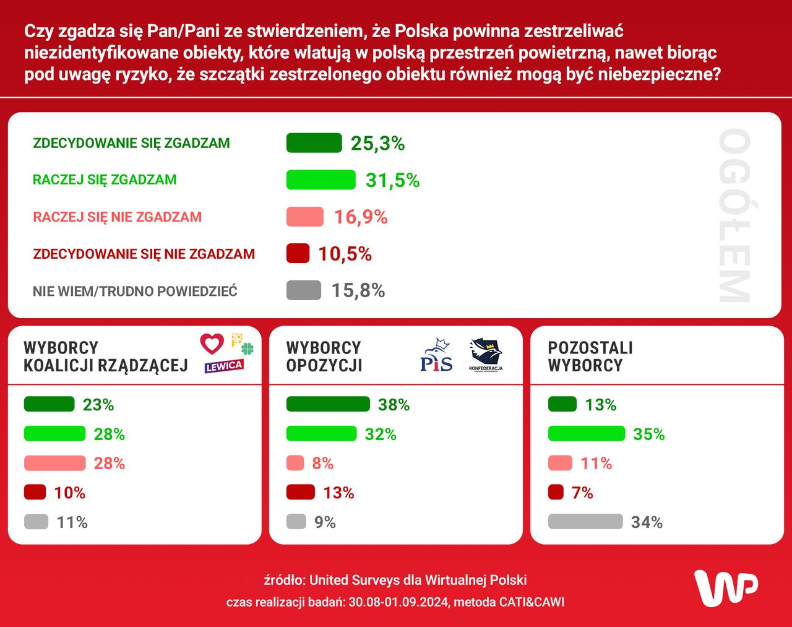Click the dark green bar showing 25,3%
(314, 143)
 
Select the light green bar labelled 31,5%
(321, 179)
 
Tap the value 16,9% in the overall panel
(361, 217)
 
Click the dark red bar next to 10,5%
(298, 254)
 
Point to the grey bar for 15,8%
(303, 290)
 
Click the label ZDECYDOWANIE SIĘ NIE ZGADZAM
(144, 254)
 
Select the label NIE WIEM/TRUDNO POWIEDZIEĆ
(135, 291)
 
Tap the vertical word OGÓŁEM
(734, 215)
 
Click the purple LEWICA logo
(224, 366)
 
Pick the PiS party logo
(436, 355)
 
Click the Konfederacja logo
(486, 355)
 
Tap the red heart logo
(212, 344)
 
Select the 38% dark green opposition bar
(328, 405)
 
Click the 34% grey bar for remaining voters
(585, 522)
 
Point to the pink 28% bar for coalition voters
(54, 463)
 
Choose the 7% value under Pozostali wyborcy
(582, 493)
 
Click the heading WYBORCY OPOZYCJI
(324, 356)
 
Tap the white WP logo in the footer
(726, 587)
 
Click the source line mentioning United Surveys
(395, 580)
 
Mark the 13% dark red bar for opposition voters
(301, 493)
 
